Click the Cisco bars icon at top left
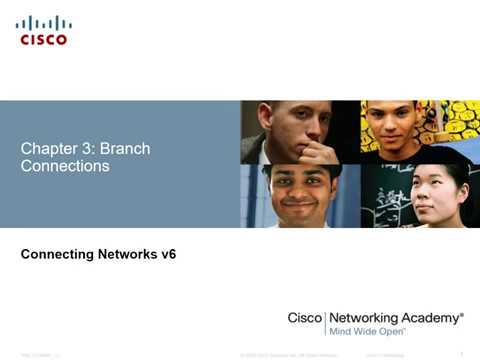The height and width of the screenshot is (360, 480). pyautogui.click(x=43, y=22)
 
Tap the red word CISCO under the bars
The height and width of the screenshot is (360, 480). pyautogui.click(x=43, y=40)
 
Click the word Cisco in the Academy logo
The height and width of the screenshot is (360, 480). pyautogui.click(x=304, y=317)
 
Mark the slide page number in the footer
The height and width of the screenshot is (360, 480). pyautogui.click(x=459, y=353)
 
